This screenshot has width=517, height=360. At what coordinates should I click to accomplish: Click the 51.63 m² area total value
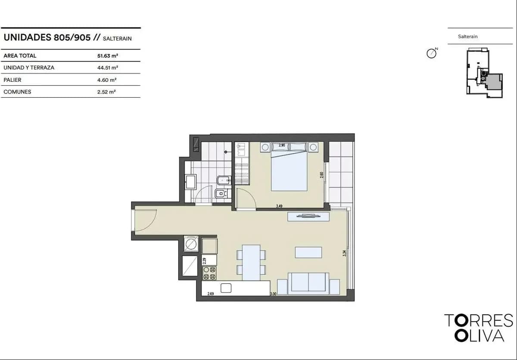coord(108,56)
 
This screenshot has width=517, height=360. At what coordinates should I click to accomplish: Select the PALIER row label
coord(12,80)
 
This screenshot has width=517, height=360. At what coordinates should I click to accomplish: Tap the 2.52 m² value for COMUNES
coord(106,92)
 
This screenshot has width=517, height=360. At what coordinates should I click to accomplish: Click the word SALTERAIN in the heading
coord(117,38)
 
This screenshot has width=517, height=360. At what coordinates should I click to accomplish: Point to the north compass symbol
coord(431,54)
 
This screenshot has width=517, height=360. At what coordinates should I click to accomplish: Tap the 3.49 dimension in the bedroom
coord(279,206)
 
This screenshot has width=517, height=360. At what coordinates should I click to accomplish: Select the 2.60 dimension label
coord(321,175)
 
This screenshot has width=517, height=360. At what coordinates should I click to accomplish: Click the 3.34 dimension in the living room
coord(344,254)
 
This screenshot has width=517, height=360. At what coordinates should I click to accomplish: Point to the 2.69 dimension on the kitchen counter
coord(211,294)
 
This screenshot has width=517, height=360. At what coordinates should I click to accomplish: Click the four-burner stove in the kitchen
coord(209,273)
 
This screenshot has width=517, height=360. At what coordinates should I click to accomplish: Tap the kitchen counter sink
coord(226,288)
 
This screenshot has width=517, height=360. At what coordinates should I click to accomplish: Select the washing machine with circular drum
coord(191,244)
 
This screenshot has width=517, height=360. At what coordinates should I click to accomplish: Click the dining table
coord(251,262)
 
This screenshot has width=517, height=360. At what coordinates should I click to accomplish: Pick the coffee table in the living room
coord(308,252)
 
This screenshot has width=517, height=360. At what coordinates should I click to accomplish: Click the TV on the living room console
coord(308,216)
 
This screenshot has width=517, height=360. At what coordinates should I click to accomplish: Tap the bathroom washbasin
coord(191,182)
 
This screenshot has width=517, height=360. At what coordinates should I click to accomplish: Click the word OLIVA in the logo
coord(480,335)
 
